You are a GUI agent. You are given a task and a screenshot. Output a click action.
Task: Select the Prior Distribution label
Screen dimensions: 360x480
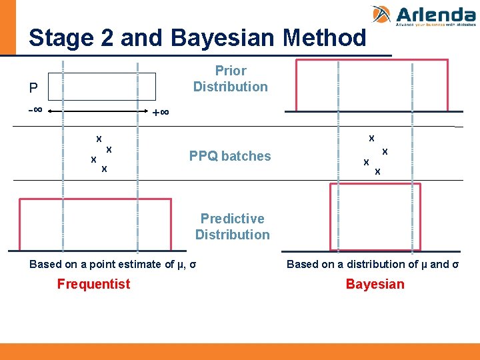coord(230,79)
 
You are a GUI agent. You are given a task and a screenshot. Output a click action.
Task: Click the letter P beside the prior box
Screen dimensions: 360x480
coord(33,88)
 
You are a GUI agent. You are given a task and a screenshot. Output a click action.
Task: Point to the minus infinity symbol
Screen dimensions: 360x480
coord(35,109)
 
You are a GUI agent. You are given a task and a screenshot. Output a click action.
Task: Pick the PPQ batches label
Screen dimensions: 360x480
coord(230,156)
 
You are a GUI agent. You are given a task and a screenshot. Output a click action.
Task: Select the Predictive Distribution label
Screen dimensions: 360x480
coord(232,227)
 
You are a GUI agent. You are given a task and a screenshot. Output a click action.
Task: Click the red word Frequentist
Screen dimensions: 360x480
coord(93,285)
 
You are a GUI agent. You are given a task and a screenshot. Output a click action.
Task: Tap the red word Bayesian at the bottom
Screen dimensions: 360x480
coord(375,285)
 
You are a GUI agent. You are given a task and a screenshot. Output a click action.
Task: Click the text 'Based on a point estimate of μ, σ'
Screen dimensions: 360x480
coord(113,264)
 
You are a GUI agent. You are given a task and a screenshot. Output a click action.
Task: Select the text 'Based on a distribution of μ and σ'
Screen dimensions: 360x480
coord(373,264)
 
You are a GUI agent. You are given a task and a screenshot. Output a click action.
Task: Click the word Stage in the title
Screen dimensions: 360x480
coord(62,38)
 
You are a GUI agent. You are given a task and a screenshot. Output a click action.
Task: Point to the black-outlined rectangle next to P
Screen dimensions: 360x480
coord(109,87)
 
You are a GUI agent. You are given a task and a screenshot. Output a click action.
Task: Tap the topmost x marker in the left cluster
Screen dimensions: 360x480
coord(99,139)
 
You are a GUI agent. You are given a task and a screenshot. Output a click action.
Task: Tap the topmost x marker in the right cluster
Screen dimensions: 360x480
coord(371,138)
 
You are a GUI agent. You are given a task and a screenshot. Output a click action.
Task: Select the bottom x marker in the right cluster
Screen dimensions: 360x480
coord(377,171)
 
